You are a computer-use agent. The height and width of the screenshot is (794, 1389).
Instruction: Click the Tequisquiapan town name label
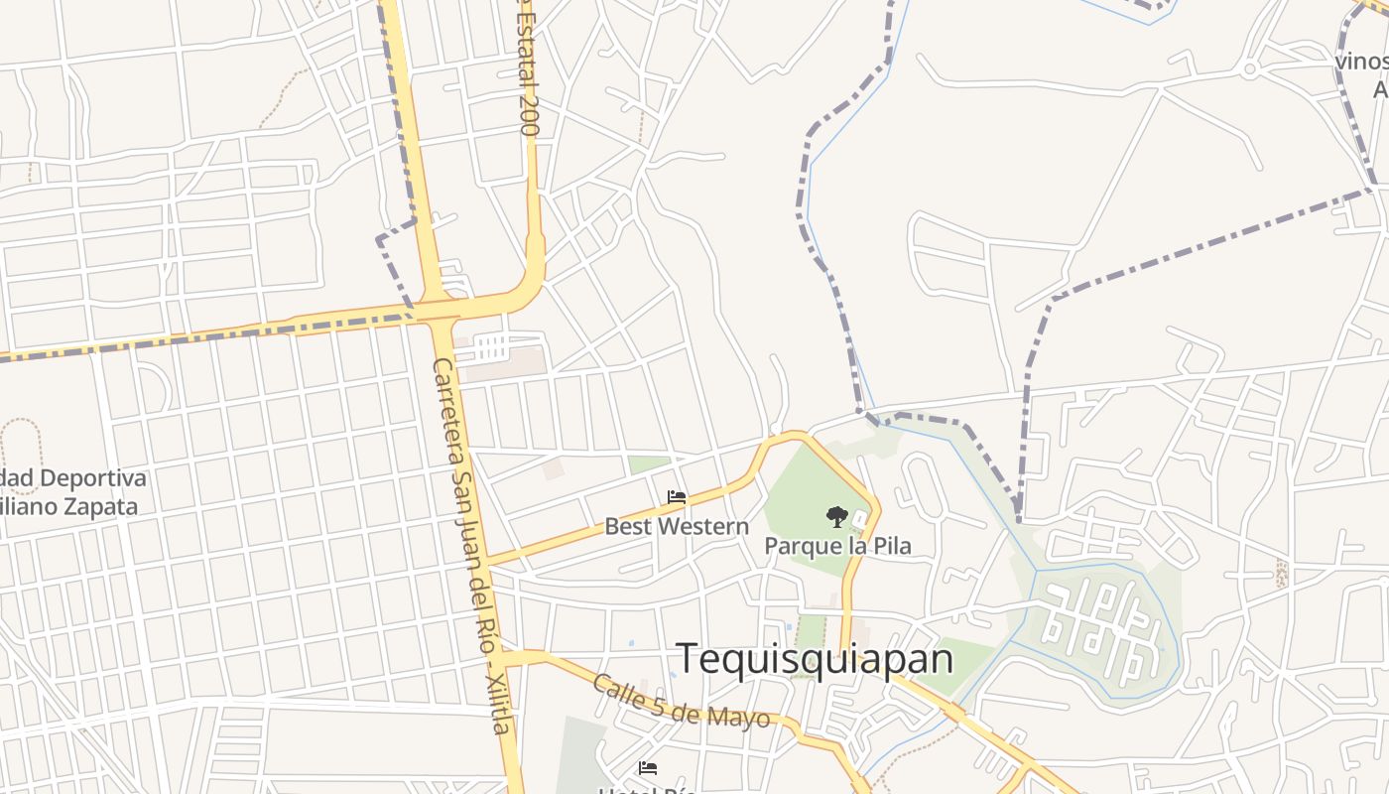point(814,658)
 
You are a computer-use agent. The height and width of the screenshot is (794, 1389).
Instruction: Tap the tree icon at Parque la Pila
point(837,516)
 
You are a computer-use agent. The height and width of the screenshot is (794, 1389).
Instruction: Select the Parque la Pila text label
point(837,546)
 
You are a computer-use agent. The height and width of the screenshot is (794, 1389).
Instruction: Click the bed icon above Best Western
point(677,497)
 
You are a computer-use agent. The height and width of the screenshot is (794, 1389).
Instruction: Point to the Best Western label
point(677,526)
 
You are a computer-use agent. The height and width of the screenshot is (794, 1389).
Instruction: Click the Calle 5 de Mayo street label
point(681,701)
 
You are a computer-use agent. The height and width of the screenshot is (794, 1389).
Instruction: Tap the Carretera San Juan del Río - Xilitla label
point(472,546)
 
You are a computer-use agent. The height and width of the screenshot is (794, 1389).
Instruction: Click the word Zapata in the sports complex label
point(96,506)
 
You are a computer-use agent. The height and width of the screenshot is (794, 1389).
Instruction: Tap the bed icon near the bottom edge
point(648,767)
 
